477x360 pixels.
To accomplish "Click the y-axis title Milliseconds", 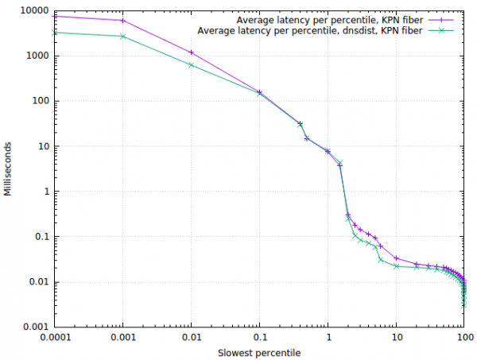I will coord(7,168).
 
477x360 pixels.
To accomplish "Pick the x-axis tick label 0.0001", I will coord(54,337).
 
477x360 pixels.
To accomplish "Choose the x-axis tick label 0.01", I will coord(191,337).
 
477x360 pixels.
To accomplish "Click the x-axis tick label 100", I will coord(464,337).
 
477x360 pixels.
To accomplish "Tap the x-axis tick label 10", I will coord(396,337).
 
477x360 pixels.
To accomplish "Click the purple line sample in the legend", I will coord(441,19).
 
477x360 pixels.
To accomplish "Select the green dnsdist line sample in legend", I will coord(441,31).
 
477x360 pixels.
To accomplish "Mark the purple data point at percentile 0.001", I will coord(122,21).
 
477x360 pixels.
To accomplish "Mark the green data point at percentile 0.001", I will coord(122,37).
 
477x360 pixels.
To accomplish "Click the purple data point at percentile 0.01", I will coord(191,52).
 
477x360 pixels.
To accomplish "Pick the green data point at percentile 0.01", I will coord(191,65).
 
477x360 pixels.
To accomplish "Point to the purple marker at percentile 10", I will coord(396,258).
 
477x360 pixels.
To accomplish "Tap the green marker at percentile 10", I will coord(396,266).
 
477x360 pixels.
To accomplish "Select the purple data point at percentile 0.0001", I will coord(54,16).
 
